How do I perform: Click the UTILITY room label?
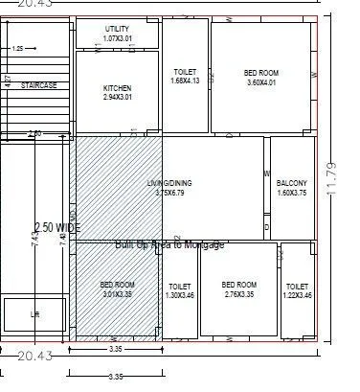click(117, 30)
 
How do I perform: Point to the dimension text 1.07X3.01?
click(117, 39)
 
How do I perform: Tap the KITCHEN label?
click(117, 88)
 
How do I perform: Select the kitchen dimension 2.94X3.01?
click(117, 98)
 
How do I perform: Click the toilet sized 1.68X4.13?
click(185, 77)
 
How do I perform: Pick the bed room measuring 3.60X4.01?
click(261, 77)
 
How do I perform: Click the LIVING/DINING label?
click(168, 182)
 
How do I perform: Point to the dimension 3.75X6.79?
click(169, 193)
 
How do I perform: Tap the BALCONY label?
click(292, 183)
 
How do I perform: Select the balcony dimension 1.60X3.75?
click(292, 193)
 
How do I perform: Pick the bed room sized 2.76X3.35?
click(238, 289)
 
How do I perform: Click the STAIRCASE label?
click(38, 85)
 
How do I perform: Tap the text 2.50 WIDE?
click(57, 227)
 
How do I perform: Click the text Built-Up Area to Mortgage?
click(169, 245)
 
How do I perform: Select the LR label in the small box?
click(35, 313)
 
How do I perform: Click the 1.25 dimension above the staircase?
click(18, 48)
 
